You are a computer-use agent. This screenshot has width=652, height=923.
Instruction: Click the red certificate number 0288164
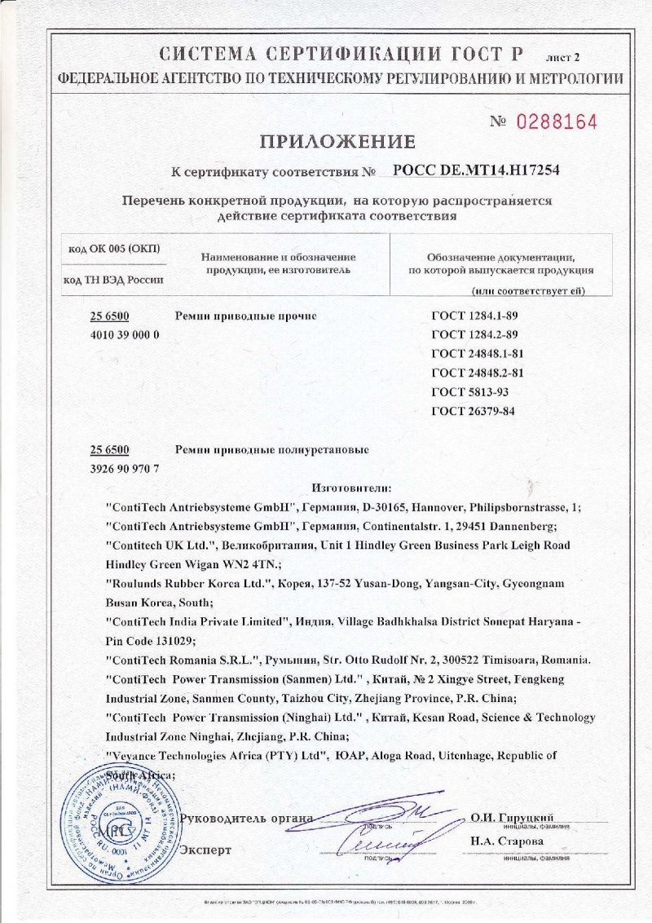pos(557,122)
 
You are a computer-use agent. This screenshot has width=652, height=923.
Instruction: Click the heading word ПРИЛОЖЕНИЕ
pos(337,142)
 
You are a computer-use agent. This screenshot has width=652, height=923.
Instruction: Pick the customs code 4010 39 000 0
pos(122,334)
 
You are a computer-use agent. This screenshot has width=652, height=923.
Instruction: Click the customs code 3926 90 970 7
pos(122,468)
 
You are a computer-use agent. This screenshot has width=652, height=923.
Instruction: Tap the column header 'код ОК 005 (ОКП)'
pos(115,248)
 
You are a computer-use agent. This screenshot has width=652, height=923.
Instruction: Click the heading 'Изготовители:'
pos(352,488)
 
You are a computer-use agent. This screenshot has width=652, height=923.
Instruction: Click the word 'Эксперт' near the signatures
pos(205,850)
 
